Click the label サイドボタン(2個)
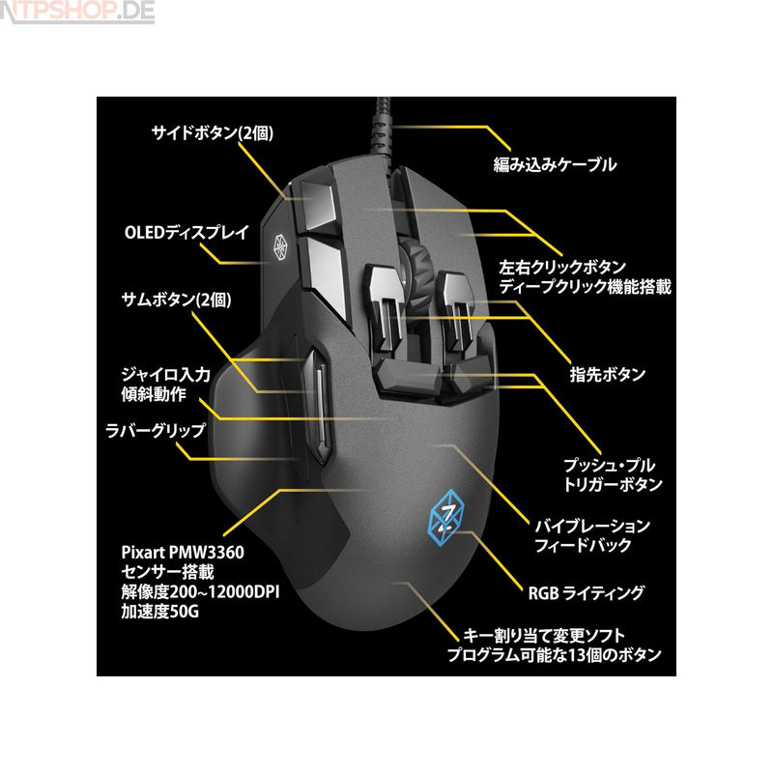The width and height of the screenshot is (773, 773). click(x=207, y=133)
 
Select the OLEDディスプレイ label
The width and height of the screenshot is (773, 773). click(x=186, y=232)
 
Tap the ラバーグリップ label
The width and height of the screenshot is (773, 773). click(x=157, y=425)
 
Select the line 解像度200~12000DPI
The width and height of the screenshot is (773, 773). click(x=200, y=592)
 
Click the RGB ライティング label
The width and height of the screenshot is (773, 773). click(x=586, y=592)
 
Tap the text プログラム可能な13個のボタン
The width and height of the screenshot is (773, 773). click(x=554, y=654)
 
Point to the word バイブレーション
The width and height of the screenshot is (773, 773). click(x=592, y=526)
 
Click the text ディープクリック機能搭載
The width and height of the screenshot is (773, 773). click(x=584, y=287)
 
